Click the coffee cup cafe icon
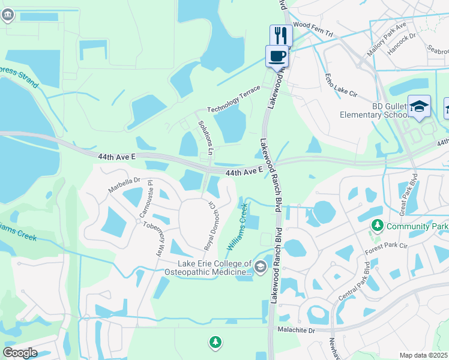277,56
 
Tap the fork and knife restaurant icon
280,35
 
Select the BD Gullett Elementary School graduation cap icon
419,106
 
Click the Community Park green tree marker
377,226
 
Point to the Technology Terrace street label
234,99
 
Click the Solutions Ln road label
206,139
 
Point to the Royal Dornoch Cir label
210,226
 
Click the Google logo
20,352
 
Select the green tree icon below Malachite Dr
215,343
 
